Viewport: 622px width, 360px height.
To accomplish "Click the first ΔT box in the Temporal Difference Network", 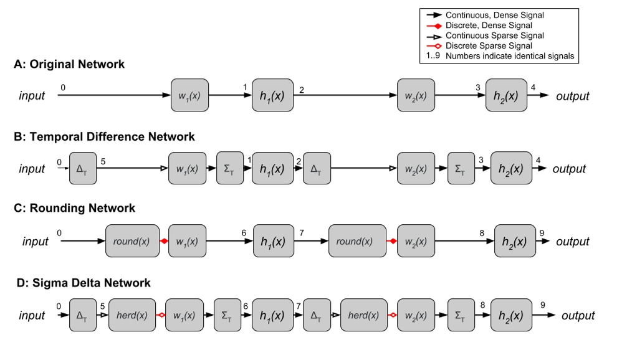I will pos(83,169).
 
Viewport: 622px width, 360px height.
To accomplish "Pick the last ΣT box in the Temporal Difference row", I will pos(461,169).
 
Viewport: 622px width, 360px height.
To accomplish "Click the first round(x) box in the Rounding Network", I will pos(133,242).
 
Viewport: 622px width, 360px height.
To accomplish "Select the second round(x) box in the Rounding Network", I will pos(356,242).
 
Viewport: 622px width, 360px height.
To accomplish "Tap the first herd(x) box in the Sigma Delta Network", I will pos(132,315).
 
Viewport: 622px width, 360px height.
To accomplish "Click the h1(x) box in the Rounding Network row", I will pos(272,242).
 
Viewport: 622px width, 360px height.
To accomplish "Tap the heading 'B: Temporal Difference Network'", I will pos(103,137).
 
